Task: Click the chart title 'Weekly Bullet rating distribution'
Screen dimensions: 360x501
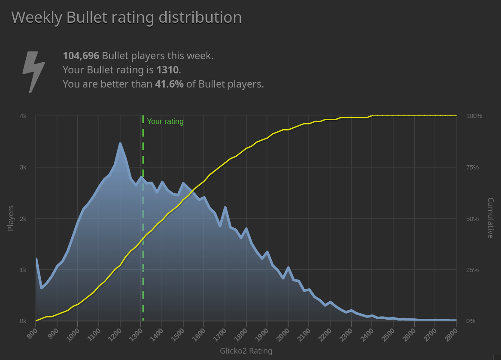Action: click(x=126, y=18)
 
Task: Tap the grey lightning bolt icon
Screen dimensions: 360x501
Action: click(x=33, y=71)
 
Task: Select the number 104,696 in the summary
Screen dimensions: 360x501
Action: click(x=81, y=56)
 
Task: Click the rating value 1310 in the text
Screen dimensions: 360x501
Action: click(x=167, y=70)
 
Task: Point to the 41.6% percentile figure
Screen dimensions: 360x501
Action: click(x=169, y=84)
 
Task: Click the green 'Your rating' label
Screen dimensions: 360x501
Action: click(x=165, y=121)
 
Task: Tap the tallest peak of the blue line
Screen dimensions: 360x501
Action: click(x=120, y=144)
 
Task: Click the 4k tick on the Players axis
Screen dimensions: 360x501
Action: click(x=23, y=116)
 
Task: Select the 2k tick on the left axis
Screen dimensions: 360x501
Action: click(x=23, y=219)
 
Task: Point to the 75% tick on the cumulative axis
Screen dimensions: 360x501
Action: click(x=472, y=167)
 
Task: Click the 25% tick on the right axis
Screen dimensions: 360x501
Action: click(x=472, y=270)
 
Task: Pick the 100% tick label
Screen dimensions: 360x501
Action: click(x=474, y=116)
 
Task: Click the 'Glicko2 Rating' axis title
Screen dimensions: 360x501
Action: click(x=246, y=351)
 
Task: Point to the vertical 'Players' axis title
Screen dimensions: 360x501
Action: click(x=11, y=218)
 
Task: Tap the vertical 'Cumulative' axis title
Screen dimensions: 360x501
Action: click(x=490, y=218)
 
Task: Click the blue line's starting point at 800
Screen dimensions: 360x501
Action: click(x=36, y=259)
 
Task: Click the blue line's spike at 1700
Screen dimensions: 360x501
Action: click(x=225, y=208)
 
